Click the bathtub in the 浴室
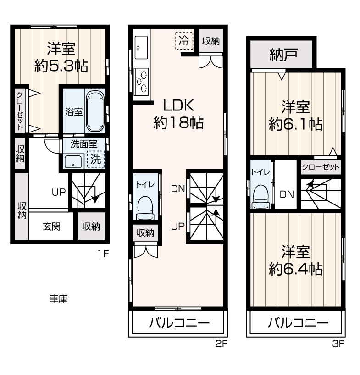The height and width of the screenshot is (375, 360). point(95,112)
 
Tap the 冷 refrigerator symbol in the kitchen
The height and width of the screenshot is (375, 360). point(184,41)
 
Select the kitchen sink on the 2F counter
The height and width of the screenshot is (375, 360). point(141,47)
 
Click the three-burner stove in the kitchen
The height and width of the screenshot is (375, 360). point(141,81)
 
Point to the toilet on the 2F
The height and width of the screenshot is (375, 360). point(145,208)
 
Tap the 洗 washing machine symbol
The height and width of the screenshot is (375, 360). point(96,160)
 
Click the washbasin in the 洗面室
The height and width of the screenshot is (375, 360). point(73,161)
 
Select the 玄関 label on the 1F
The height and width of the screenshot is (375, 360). point(51,226)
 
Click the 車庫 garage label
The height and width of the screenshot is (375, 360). point(59,298)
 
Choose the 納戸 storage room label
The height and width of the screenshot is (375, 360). point(284,55)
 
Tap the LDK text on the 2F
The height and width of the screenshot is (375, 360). point(178,105)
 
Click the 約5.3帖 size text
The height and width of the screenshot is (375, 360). point(61,66)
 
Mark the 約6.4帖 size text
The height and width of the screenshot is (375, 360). point(296,269)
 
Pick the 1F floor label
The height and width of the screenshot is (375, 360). point(103,254)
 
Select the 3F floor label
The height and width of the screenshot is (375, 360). point(338,344)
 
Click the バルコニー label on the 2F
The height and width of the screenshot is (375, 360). point(179,323)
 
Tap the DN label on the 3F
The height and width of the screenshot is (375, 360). point(287,194)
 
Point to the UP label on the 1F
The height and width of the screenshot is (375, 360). point(59,192)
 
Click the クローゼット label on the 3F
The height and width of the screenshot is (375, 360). point(321,167)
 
